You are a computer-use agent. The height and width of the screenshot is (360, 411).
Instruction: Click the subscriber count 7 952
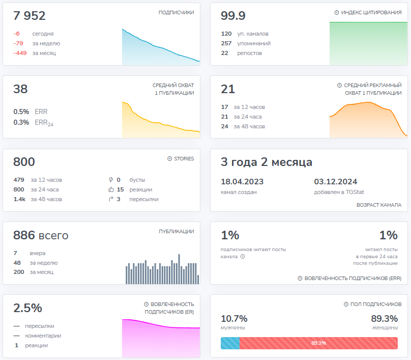[30, 15]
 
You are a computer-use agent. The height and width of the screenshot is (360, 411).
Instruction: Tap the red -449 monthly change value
[20, 53]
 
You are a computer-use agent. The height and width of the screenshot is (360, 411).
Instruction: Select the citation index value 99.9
[233, 15]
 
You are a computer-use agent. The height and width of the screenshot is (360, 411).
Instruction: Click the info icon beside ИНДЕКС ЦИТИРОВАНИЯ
[337, 12]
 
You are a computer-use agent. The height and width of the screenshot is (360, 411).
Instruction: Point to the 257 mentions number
[226, 43]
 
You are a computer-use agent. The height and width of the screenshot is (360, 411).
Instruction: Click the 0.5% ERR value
[21, 112]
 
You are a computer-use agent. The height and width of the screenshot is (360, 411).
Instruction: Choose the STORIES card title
[184, 158]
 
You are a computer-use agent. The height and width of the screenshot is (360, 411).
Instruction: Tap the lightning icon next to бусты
[111, 180]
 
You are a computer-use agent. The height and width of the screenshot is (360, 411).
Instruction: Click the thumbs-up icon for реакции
[111, 189]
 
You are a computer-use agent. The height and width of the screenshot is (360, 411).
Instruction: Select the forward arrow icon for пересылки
[111, 199]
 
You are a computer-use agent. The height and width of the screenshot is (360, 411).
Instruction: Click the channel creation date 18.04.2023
[242, 182]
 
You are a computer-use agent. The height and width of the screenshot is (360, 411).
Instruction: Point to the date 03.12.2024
[336, 182]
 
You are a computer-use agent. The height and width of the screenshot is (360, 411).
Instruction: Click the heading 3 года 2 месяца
[267, 162]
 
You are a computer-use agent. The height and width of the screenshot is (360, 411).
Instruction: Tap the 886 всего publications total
[41, 235]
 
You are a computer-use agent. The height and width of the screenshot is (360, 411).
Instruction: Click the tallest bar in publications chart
[179, 269]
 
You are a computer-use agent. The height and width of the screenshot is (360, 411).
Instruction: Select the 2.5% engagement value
[28, 308]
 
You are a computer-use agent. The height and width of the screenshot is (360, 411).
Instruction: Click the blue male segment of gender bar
[230, 343]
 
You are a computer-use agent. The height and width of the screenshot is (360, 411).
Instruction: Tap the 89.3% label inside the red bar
[318, 343]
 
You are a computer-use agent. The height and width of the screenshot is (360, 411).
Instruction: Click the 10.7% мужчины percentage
[234, 319]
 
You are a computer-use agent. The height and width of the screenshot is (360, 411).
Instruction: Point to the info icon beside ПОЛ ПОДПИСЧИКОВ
[346, 304]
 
